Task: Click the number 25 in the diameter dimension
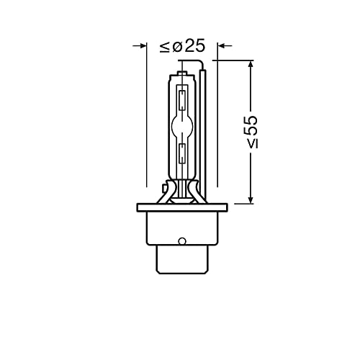195,47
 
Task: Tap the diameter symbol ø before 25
178,47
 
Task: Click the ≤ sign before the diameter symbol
165,47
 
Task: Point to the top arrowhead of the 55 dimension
251,66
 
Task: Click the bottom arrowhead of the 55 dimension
251,199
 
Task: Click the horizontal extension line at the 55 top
234,61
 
